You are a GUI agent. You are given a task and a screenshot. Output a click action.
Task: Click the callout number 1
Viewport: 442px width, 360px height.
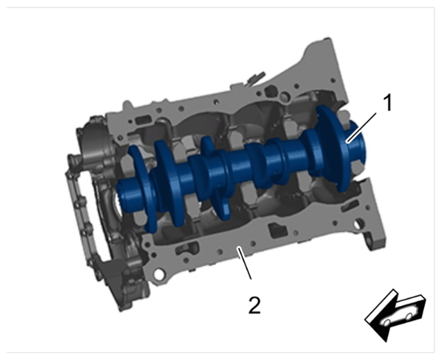[x=387, y=103]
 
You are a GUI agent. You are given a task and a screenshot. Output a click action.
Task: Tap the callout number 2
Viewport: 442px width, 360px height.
[x=255, y=305]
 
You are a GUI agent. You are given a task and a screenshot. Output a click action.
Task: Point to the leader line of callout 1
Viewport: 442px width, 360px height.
[x=362, y=127]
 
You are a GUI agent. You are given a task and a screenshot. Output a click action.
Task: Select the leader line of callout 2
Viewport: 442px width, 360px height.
[x=245, y=262]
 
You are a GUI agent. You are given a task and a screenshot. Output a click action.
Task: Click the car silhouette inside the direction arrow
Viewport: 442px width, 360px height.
[x=400, y=316]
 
